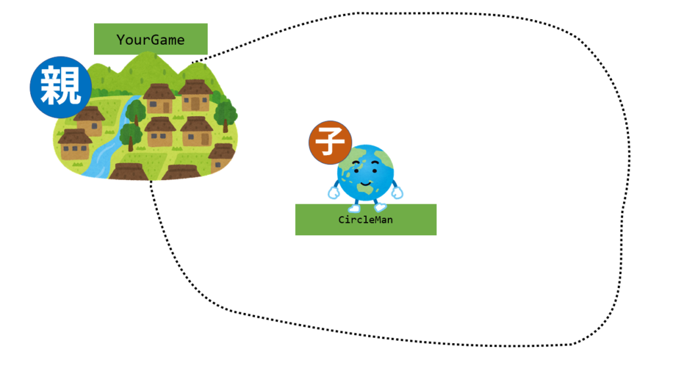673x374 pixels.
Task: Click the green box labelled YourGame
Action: coord(151,39)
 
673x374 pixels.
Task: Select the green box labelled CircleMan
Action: coord(365,220)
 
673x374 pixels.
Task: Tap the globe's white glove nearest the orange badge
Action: coord(334,193)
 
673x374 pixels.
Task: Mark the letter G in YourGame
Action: coord(155,40)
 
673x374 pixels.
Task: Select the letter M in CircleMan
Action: coord(375,220)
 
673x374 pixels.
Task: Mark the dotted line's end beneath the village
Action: coord(151,182)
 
